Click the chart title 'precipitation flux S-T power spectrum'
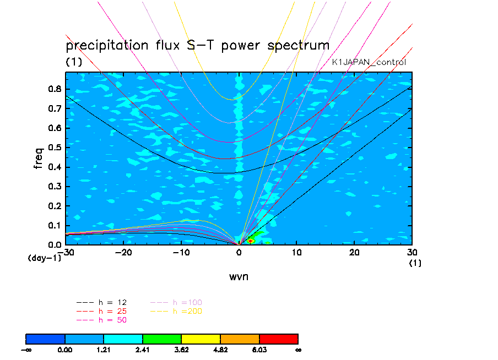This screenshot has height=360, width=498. [x=197, y=45]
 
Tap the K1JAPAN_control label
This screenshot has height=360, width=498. [x=369, y=62]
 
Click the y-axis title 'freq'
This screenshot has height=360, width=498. [x=39, y=157]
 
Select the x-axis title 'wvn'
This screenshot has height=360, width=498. [x=239, y=276]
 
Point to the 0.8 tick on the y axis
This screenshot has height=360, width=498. [x=55, y=89]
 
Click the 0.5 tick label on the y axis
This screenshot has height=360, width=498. [x=55, y=148]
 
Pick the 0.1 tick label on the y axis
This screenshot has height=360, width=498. [x=55, y=225]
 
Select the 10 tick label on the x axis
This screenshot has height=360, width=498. [x=296, y=253]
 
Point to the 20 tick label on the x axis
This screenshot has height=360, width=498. [x=354, y=253]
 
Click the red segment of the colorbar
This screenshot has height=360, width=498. [x=278, y=338]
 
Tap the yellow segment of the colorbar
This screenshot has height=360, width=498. [x=201, y=338]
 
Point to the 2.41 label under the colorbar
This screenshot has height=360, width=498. [x=142, y=349]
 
